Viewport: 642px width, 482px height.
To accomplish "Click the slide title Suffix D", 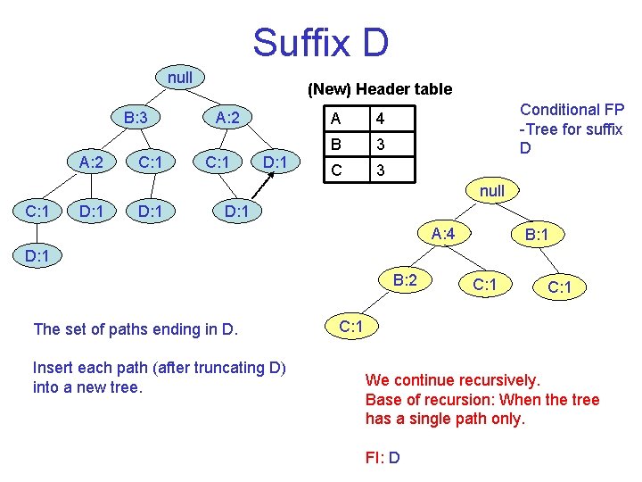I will point(320,42).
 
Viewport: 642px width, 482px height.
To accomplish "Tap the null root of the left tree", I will point(180,78).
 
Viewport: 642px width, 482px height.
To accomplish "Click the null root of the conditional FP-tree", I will point(491,191).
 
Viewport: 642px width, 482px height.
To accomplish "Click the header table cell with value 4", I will point(380,119).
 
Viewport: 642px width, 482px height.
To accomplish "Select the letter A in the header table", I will point(335,119).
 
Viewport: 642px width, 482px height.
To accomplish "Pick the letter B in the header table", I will point(335,144).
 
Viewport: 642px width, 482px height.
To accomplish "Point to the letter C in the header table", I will point(335,169).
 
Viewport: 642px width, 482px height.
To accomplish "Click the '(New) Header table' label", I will point(380,89).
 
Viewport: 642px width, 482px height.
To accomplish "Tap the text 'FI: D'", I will point(383,458).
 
